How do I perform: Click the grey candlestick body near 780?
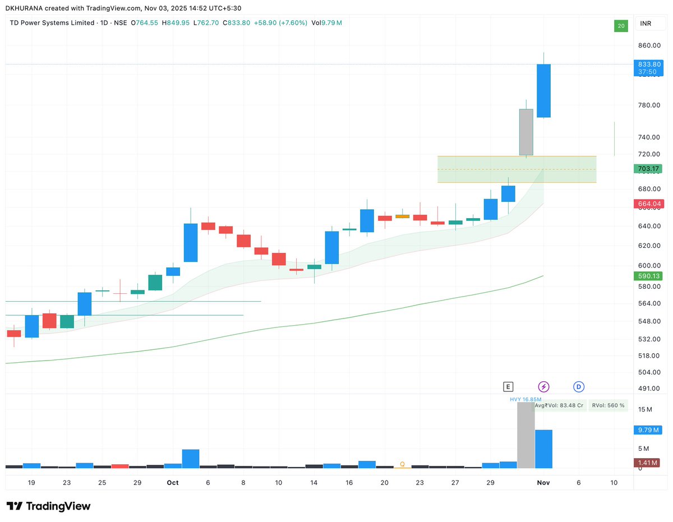[526, 132]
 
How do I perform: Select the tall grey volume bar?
[526, 435]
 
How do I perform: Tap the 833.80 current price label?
[647, 64]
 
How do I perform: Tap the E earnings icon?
[508, 386]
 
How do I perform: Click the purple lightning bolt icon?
[543, 386]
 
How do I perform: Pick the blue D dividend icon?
[579, 386]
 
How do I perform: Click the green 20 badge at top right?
[620, 26]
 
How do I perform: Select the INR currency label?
[646, 24]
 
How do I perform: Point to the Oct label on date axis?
[173, 483]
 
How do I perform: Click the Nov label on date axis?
[543, 483]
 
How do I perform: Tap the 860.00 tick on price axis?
[647, 45]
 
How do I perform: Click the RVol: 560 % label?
[608, 405]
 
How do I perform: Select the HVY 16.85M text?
[526, 399]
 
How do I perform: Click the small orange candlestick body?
[402, 216]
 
